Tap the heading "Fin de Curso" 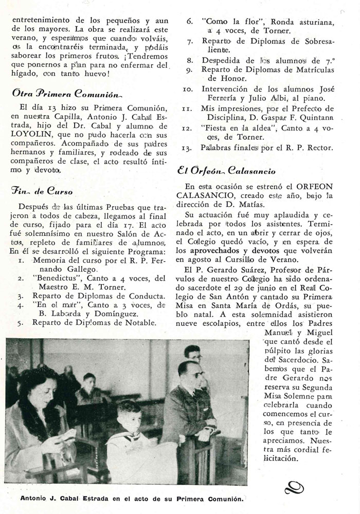pos(42,190)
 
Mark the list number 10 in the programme pos(188,89)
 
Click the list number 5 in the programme pos(20,323)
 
